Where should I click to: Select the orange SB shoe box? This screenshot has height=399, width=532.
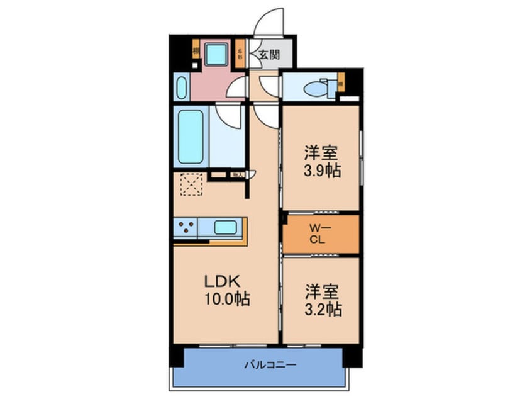click(x=240, y=53)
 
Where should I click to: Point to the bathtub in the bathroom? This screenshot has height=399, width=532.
click(x=191, y=137)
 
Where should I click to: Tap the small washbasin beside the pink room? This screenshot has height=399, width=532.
click(x=181, y=87)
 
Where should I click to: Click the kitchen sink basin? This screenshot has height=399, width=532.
click(x=224, y=227)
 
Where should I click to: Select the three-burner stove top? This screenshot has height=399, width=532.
click(x=186, y=228)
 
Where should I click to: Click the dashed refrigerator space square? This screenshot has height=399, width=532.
click(x=191, y=185)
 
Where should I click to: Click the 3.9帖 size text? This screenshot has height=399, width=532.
click(x=323, y=171)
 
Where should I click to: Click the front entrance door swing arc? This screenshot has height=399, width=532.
click(x=269, y=21)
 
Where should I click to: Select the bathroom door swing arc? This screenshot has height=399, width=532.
click(x=230, y=114)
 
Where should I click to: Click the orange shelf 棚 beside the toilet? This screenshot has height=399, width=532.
click(x=340, y=82)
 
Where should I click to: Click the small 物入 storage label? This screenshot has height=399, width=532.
click(x=238, y=175)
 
